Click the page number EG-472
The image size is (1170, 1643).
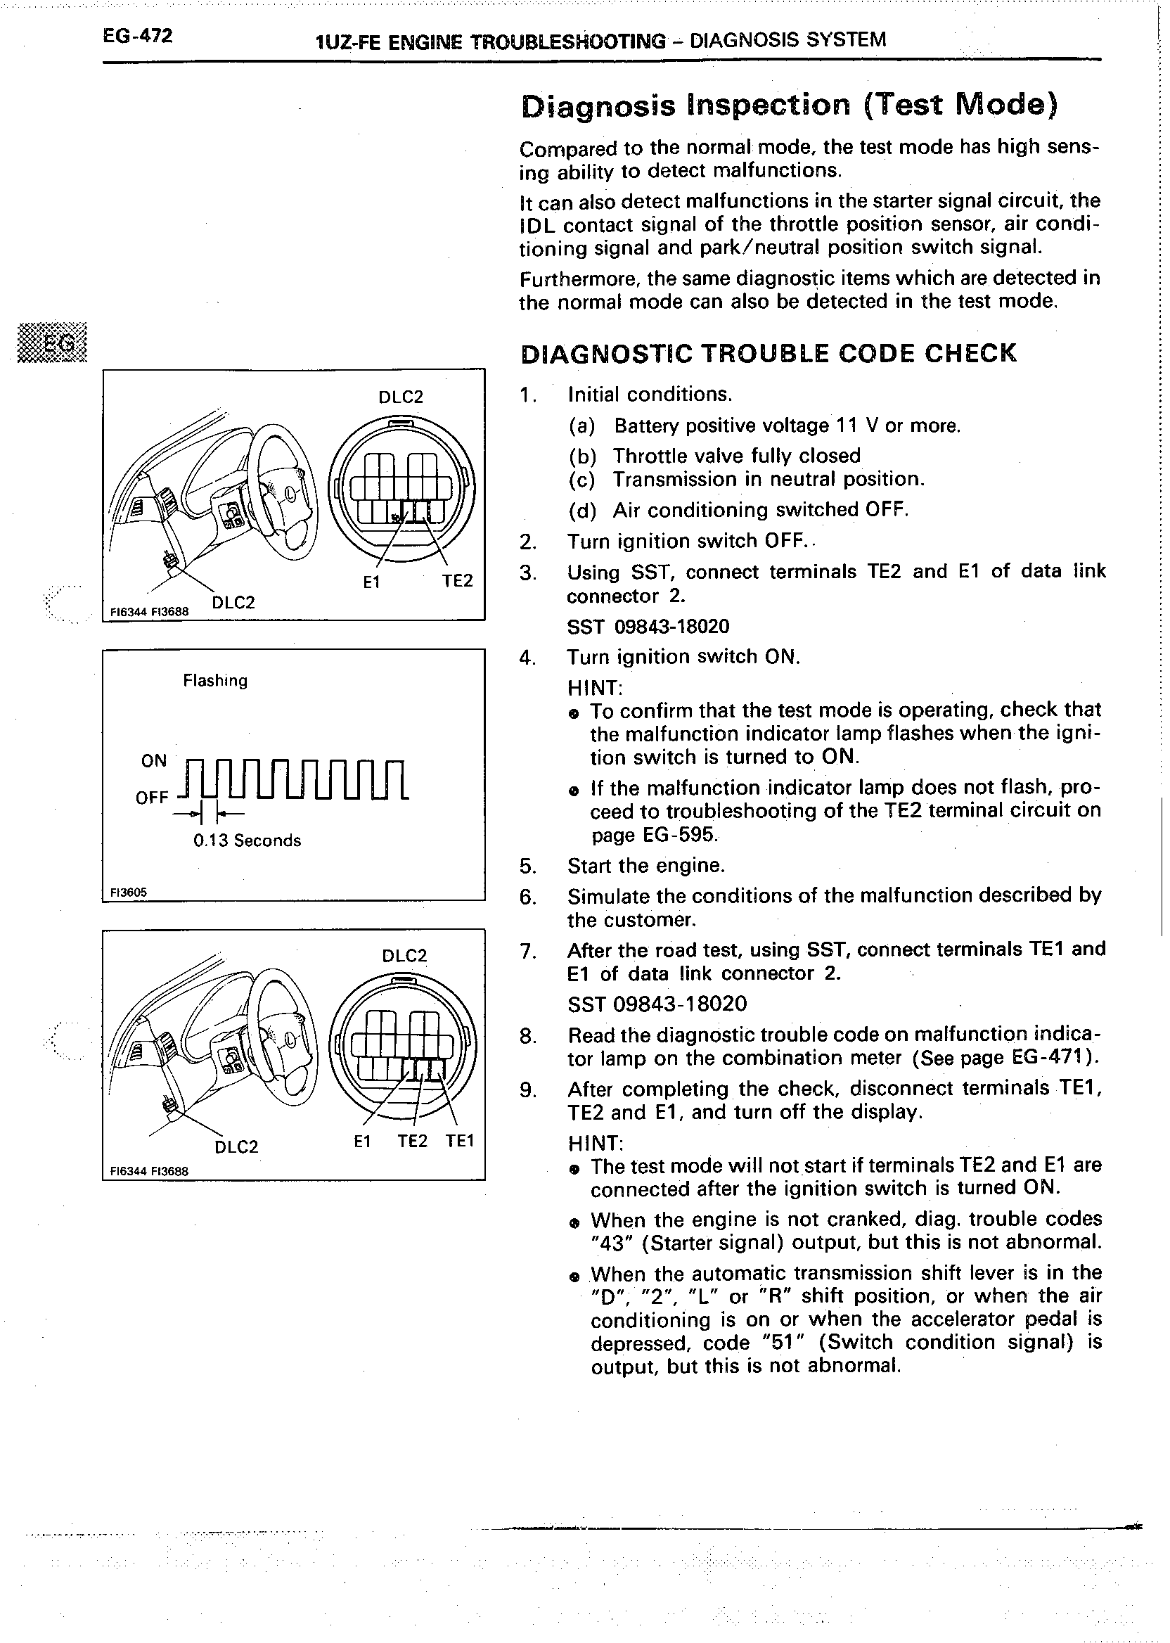tap(137, 36)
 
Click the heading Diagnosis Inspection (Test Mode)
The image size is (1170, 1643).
tap(789, 106)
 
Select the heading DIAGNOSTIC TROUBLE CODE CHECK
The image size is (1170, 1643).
tap(768, 353)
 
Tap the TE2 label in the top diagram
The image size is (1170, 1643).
tap(457, 580)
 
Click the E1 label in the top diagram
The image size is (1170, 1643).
tap(371, 582)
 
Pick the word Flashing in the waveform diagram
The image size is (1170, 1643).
tap(214, 680)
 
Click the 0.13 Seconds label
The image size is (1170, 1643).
tap(247, 840)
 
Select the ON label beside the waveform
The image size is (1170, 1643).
tap(153, 760)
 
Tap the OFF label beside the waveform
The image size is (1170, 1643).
tap(151, 797)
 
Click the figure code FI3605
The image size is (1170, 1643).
tap(128, 892)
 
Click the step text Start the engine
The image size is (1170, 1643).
tap(645, 864)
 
